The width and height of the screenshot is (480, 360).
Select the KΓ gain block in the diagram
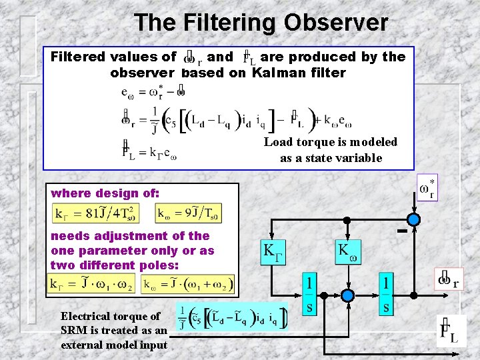[x=274, y=251]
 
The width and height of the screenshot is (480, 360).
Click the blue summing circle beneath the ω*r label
[x=415, y=219]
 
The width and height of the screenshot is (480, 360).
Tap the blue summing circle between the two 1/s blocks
[x=347, y=295]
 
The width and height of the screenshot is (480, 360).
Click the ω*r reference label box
[x=427, y=187]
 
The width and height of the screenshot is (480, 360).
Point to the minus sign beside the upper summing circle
[x=401, y=231]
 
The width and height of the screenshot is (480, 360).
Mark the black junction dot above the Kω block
[x=347, y=219]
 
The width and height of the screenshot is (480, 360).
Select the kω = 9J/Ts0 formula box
[x=189, y=213]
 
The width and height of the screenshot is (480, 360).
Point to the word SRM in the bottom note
[x=75, y=331]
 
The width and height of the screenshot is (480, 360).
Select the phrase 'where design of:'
[x=105, y=193]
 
